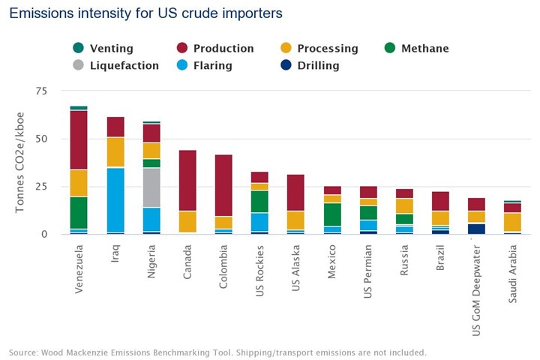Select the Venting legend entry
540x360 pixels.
pyautogui.click(x=106, y=49)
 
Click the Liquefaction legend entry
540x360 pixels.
pyautogui.click(x=124, y=66)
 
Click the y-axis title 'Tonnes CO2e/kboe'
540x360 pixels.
pyautogui.click(x=20, y=162)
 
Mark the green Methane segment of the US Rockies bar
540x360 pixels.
pyautogui.click(x=259, y=202)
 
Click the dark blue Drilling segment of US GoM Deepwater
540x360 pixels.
pyautogui.click(x=476, y=229)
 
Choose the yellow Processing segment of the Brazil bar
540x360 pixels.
pyautogui.click(x=440, y=217)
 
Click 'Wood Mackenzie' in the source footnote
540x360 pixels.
pyautogui.click(x=80, y=352)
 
